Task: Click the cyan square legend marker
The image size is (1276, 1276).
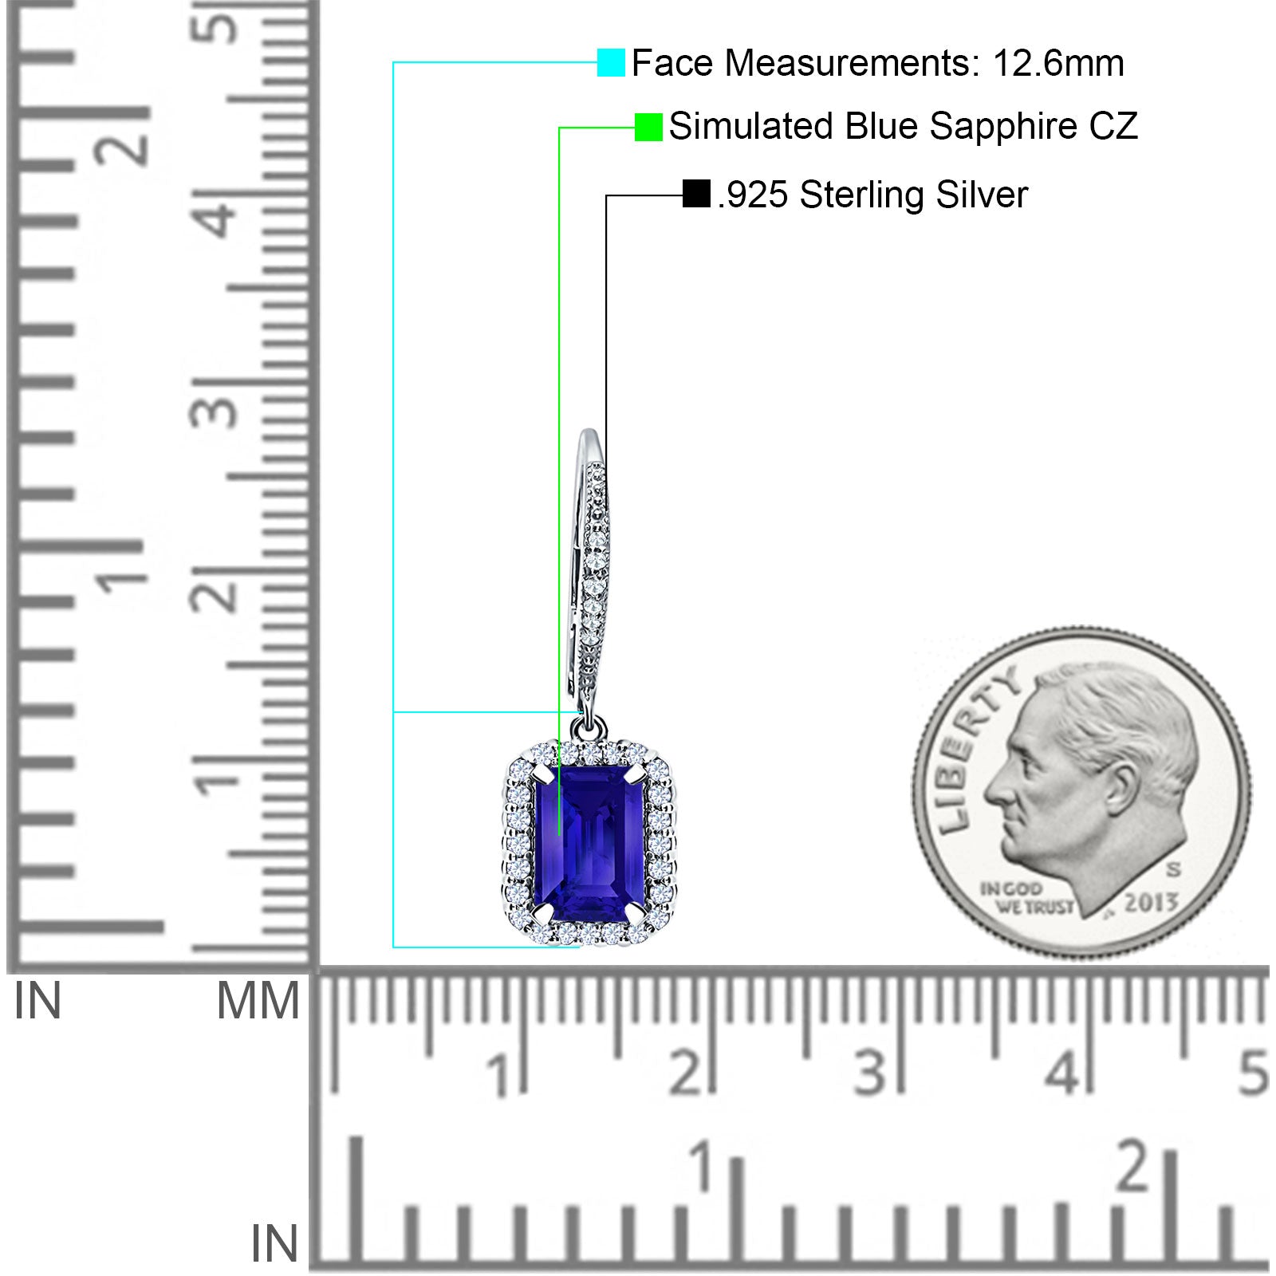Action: [611, 62]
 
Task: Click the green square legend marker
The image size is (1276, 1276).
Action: [648, 127]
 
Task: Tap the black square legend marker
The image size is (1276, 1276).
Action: [696, 194]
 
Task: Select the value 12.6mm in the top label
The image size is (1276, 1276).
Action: [1058, 63]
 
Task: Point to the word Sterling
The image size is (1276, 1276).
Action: [862, 195]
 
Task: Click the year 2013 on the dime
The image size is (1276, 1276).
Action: [1151, 902]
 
